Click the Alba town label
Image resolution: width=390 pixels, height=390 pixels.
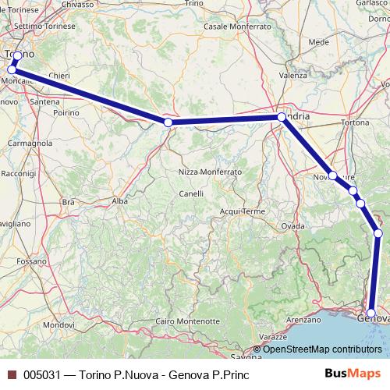119,200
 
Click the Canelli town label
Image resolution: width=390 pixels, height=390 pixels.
191,193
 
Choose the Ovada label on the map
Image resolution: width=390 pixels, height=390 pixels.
292,225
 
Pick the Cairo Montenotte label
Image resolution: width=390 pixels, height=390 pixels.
187,321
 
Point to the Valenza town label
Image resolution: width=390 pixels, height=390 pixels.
293,76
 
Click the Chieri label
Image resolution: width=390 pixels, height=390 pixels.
58,76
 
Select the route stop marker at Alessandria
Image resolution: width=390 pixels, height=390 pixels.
282,118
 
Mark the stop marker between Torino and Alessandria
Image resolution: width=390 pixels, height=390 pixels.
168,122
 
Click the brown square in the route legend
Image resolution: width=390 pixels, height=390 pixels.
11,374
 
